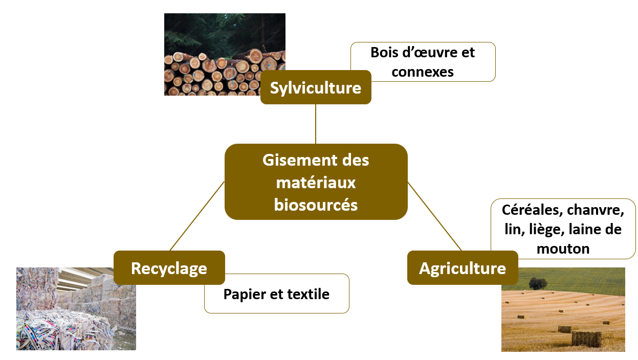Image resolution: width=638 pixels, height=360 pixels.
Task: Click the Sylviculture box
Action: (315, 87)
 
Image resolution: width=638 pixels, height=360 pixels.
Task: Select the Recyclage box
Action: (169, 268)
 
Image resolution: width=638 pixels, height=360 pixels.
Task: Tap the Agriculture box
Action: (462, 268)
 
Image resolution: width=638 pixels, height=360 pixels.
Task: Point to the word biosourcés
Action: (316, 205)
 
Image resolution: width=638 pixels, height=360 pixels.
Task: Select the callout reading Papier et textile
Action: (276, 294)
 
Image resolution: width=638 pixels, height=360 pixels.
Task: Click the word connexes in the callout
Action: (423, 72)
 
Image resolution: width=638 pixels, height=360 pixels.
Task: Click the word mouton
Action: (563, 249)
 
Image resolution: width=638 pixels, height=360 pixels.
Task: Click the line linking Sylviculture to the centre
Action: (316, 124)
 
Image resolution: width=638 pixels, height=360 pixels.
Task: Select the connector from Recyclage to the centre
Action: (197, 216)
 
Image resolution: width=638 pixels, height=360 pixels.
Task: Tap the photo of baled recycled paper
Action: (76, 312)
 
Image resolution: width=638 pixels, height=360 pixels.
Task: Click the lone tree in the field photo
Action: (538, 283)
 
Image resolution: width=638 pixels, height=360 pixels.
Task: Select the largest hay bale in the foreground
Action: (586, 338)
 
